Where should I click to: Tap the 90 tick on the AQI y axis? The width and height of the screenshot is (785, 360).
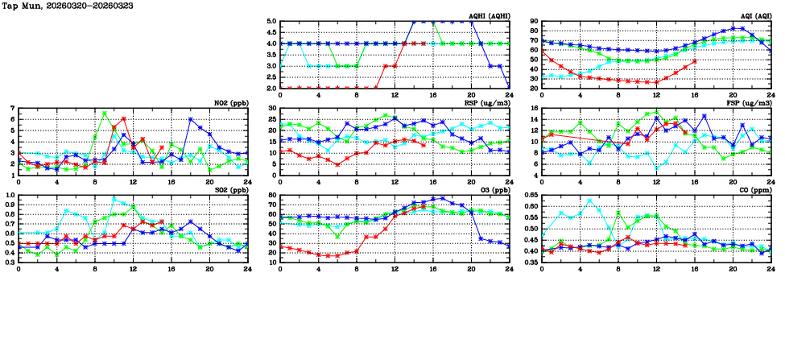click(x=535, y=22)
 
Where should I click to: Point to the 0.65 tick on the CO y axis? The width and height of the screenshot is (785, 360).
click(x=531, y=196)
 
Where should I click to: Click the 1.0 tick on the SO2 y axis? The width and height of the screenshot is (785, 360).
click(x=9, y=196)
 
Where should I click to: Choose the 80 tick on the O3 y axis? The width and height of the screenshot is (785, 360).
click(x=273, y=196)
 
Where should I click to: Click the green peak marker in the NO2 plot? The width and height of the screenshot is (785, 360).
click(x=105, y=114)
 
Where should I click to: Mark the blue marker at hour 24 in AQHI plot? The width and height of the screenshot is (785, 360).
click(x=510, y=86)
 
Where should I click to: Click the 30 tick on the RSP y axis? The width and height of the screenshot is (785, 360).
click(x=273, y=108)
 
